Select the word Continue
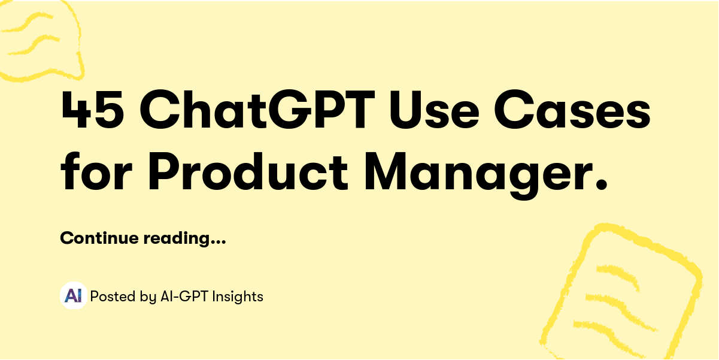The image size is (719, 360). point(99,238)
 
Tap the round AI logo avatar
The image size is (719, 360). point(73,295)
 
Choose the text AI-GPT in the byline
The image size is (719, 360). point(183,296)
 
